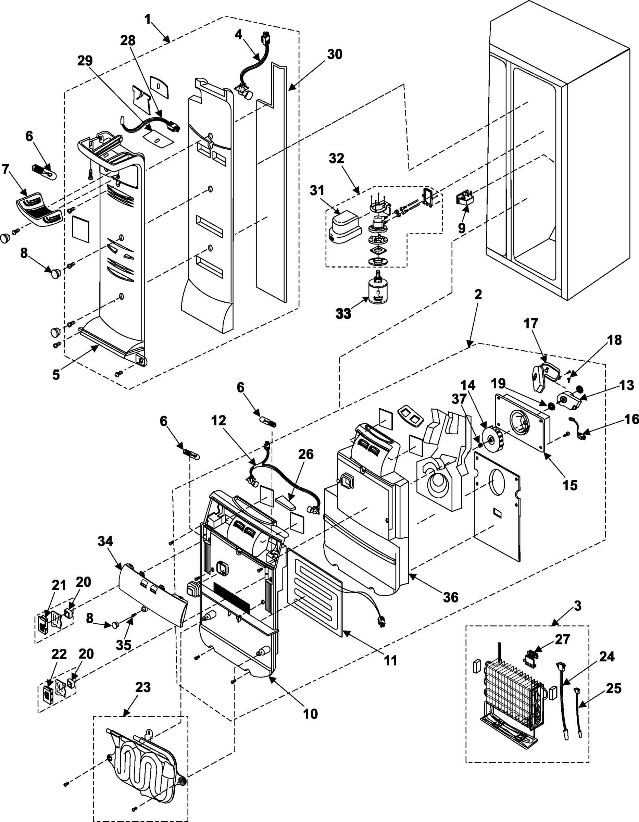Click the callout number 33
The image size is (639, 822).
(x=343, y=313)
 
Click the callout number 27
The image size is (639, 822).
(x=562, y=639)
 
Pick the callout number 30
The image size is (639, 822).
(x=334, y=54)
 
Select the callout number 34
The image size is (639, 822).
(x=105, y=541)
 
